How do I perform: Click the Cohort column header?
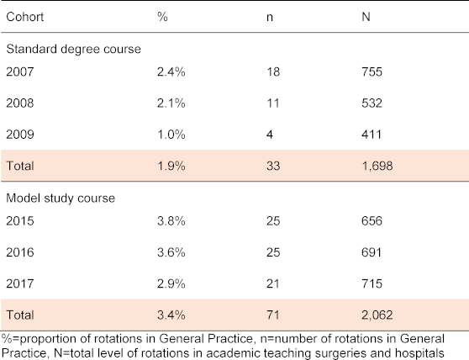pos(25,17)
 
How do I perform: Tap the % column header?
pos(162,17)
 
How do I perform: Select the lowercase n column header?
pos(270,18)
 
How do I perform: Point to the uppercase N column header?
pos(366,17)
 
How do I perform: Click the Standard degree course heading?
pos(74,49)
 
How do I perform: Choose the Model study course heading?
pos(61,199)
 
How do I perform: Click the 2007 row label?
pos(20,71)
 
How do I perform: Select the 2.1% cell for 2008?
pos(171,103)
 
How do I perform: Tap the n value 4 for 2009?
pos(270,135)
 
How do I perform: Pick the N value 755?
pos(372,71)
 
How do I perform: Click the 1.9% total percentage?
pos(171,166)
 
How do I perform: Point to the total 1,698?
pos(377,166)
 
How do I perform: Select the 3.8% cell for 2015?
pos(171,221)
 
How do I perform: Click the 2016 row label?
pos(20,252)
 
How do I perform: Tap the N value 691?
pos(372,252)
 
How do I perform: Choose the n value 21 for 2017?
pos(273,283)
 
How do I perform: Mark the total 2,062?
pos(377,315)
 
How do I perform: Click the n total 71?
pos(273,315)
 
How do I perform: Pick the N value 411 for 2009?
pos(372,135)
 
